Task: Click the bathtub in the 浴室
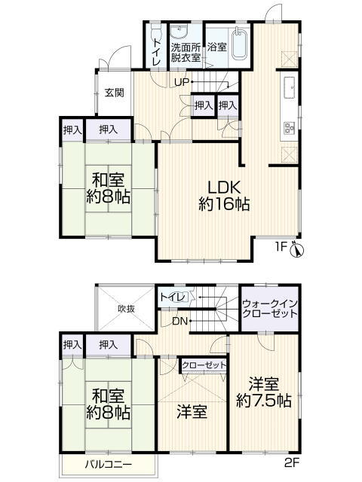(x=239, y=44)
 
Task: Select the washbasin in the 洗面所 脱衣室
(x=180, y=32)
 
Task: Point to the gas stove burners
(x=290, y=128)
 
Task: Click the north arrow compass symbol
(x=297, y=249)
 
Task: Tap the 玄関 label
(x=115, y=93)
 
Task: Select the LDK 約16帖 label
(x=224, y=195)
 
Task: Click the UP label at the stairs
(x=182, y=82)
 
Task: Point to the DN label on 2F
(x=179, y=322)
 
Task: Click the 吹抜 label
(x=127, y=308)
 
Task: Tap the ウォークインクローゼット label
(x=270, y=309)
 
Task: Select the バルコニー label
(x=109, y=465)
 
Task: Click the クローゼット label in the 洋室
(x=204, y=365)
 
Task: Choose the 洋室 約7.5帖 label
(x=264, y=392)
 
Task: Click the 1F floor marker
(x=281, y=247)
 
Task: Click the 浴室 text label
(x=217, y=47)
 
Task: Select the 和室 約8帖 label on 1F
(x=109, y=188)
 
